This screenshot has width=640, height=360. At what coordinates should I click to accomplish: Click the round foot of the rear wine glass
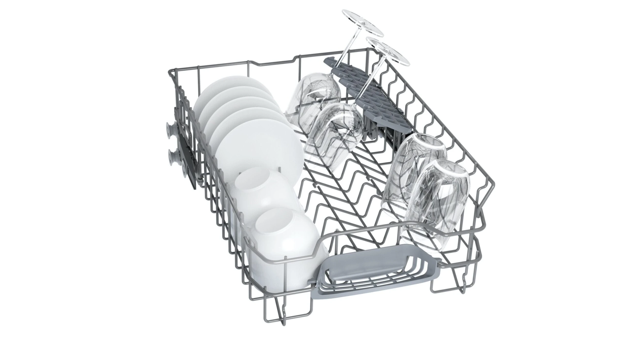[x=363, y=23]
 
